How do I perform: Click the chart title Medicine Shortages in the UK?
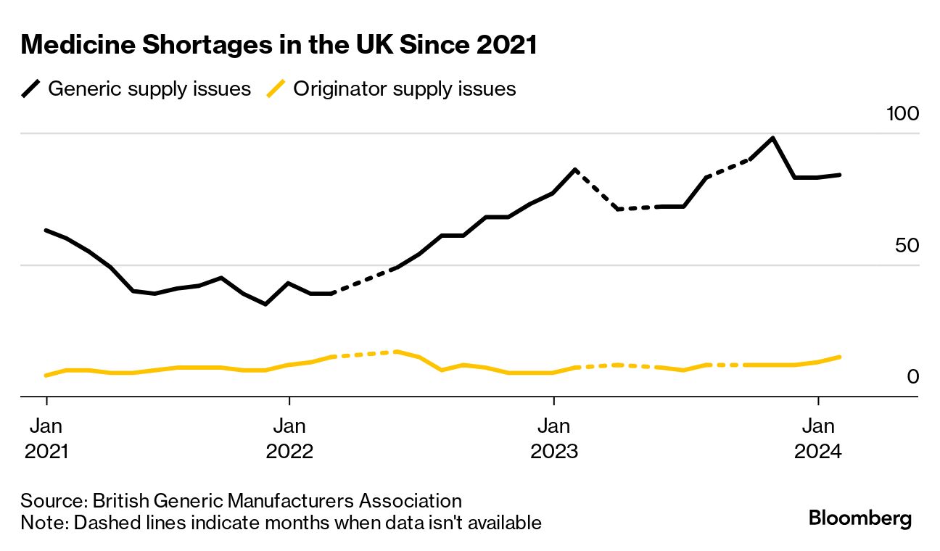tap(279, 45)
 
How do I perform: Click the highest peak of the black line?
tap(773, 138)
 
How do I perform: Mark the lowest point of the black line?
tap(265, 304)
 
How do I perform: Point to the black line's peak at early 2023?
tap(575, 170)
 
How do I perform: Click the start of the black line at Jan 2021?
tap(46, 231)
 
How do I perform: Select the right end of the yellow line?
tap(839, 357)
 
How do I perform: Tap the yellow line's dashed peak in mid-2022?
tap(397, 352)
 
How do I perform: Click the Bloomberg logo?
tap(859, 518)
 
